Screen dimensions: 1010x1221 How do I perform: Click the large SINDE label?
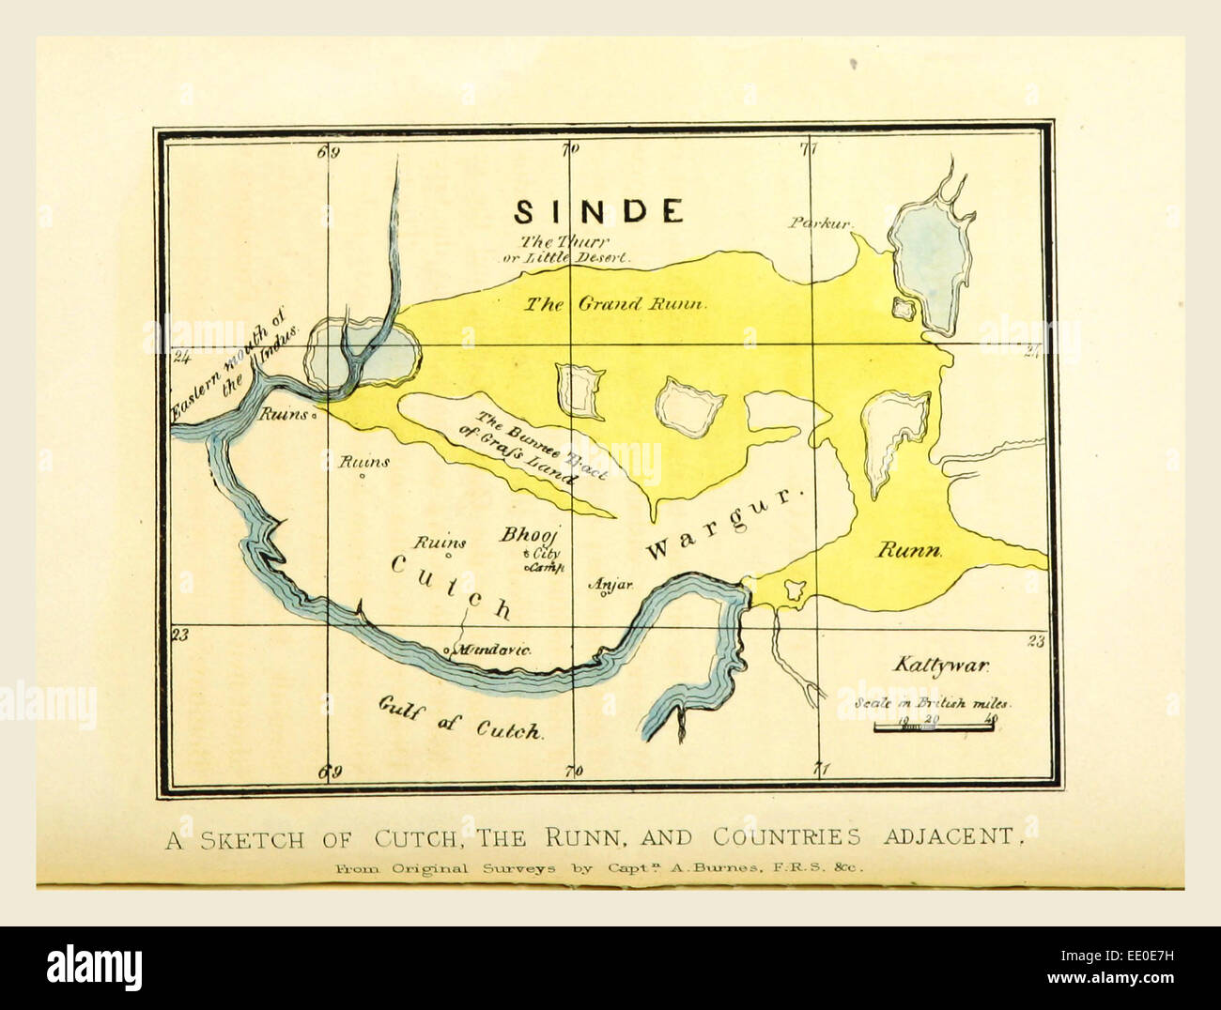click(x=598, y=211)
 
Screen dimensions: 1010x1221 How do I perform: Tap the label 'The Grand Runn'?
click(x=615, y=303)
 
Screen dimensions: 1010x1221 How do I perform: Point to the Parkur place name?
click(x=820, y=223)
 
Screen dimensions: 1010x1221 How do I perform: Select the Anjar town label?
click(x=611, y=584)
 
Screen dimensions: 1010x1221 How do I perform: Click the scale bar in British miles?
click(x=934, y=726)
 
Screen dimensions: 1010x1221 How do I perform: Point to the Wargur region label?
click(x=726, y=524)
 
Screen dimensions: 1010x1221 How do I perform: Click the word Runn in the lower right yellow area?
click(x=908, y=550)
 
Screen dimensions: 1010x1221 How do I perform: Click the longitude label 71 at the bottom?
click(x=822, y=770)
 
